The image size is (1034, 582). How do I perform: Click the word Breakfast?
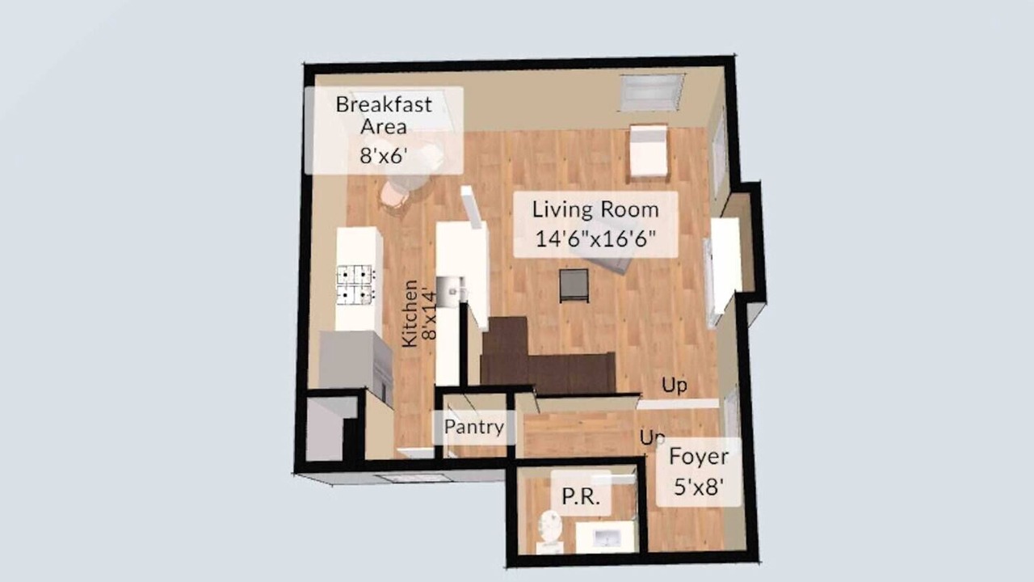pyautogui.click(x=384, y=104)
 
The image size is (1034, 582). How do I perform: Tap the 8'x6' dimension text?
pyautogui.click(x=384, y=156)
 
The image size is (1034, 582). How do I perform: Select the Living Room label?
pyautogui.click(x=595, y=209)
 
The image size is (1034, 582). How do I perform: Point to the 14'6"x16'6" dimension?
pyautogui.click(x=595, y=238)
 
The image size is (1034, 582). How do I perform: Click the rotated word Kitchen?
pyautogui.click(x=410, y=313)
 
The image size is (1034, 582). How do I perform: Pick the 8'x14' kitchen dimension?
pyautogui.click(x=429, y=315)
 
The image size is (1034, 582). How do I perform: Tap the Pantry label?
pyautogui.click(x=473, y=427)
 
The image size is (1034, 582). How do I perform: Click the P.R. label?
pyautogui.click(x=581, y=496)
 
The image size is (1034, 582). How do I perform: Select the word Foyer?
pyautogui.click(x=699, y=458)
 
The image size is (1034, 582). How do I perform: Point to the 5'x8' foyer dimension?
pyautogui.click(x=699, y=487)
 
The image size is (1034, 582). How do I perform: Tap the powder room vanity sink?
pyautogui.click(x=606, y=538)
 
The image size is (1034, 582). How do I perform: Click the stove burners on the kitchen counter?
pyautogui.click(x=355, y=285)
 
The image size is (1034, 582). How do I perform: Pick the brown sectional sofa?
pyautogui.click(x=548, y=358)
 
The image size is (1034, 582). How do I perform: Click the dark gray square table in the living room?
pyautogui.click(x=574, y=286)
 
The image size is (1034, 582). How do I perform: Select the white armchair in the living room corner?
pyautogui.click(x=649, y=150)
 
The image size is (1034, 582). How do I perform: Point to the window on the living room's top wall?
pyautogui.click(x=652, y=93)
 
